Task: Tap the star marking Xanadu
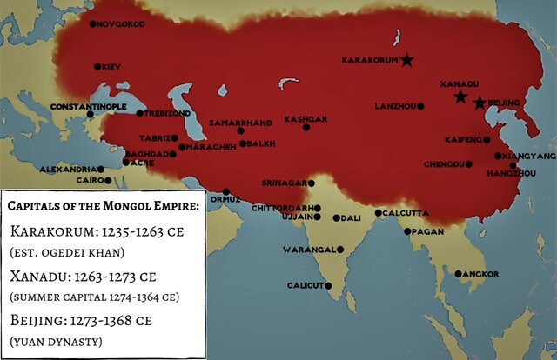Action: click(460, 97)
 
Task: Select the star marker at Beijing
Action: click(479, 103)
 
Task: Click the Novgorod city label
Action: click(119, 24)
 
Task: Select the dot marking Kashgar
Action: click(306, 128)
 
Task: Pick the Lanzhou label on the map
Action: click(393, 106)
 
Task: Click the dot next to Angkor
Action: click(459, 274)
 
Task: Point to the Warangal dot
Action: click(340, 250)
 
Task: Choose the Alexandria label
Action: click(68, 170)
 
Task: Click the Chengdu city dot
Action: click(468, 163)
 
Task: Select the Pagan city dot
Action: click(407, 231)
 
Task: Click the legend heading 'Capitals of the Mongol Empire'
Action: click(103, 205)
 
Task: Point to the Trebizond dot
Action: click(140, 113)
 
